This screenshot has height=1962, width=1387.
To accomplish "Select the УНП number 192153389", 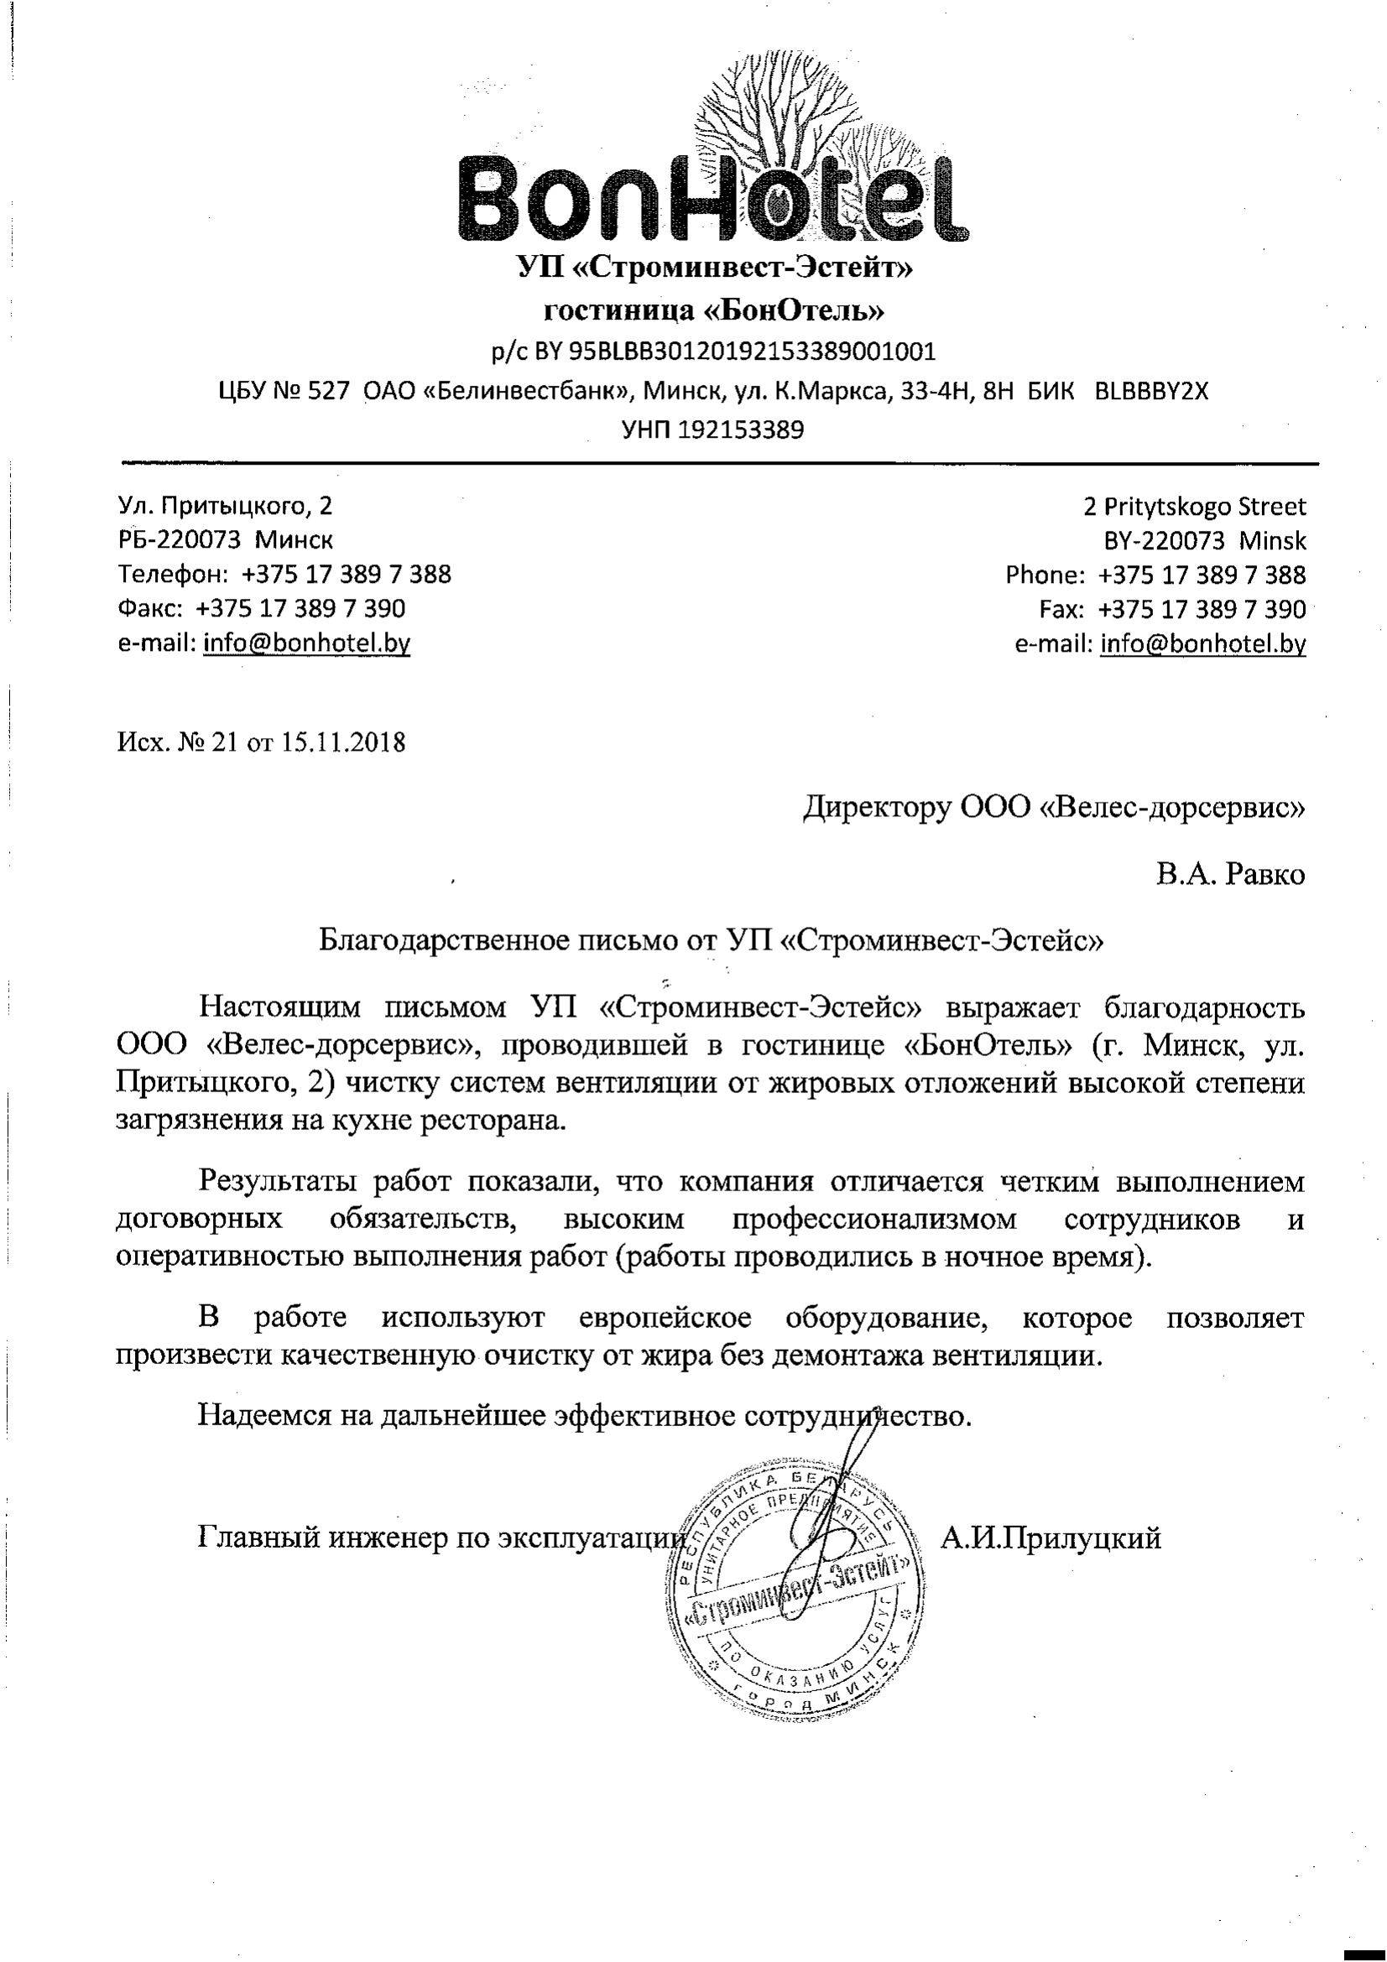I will pos(740,429).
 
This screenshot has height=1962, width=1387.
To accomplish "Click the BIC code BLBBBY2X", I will pos(1152,392).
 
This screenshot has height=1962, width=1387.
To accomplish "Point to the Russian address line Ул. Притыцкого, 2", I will pos(225,506).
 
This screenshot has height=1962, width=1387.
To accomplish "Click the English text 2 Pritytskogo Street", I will pos(1194,507).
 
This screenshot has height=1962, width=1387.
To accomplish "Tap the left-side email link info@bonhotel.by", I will pos(306,643).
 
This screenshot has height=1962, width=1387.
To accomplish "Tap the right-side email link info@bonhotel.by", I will pos(1202,643).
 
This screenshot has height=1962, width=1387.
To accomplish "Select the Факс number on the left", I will pos(300,608).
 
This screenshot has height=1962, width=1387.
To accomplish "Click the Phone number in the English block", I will pos(1202,575).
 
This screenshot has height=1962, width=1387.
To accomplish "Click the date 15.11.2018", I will pos(343,742).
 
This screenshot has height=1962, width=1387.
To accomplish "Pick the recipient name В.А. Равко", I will pos(1231,874).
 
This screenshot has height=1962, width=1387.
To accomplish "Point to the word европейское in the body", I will pos(665,1318).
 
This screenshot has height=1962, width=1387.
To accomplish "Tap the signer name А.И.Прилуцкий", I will pos(1051,1538).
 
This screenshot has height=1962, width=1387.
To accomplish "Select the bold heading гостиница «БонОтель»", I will pos(713,310).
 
